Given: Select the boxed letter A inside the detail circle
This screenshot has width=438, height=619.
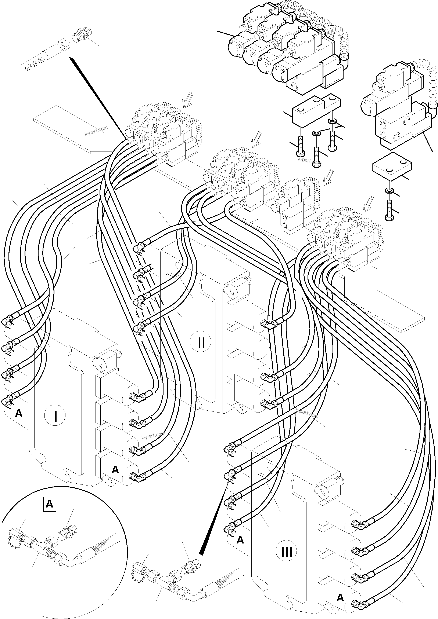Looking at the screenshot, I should [x=49, y=504].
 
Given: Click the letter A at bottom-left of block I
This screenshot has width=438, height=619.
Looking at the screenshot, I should [x=19, y=413].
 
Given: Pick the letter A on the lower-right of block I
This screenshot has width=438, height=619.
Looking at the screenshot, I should [x=115, y=470].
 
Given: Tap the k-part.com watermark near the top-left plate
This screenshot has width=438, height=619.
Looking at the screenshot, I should [x=96, y=131].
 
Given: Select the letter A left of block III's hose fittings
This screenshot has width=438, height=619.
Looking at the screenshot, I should [x=240, y=540].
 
